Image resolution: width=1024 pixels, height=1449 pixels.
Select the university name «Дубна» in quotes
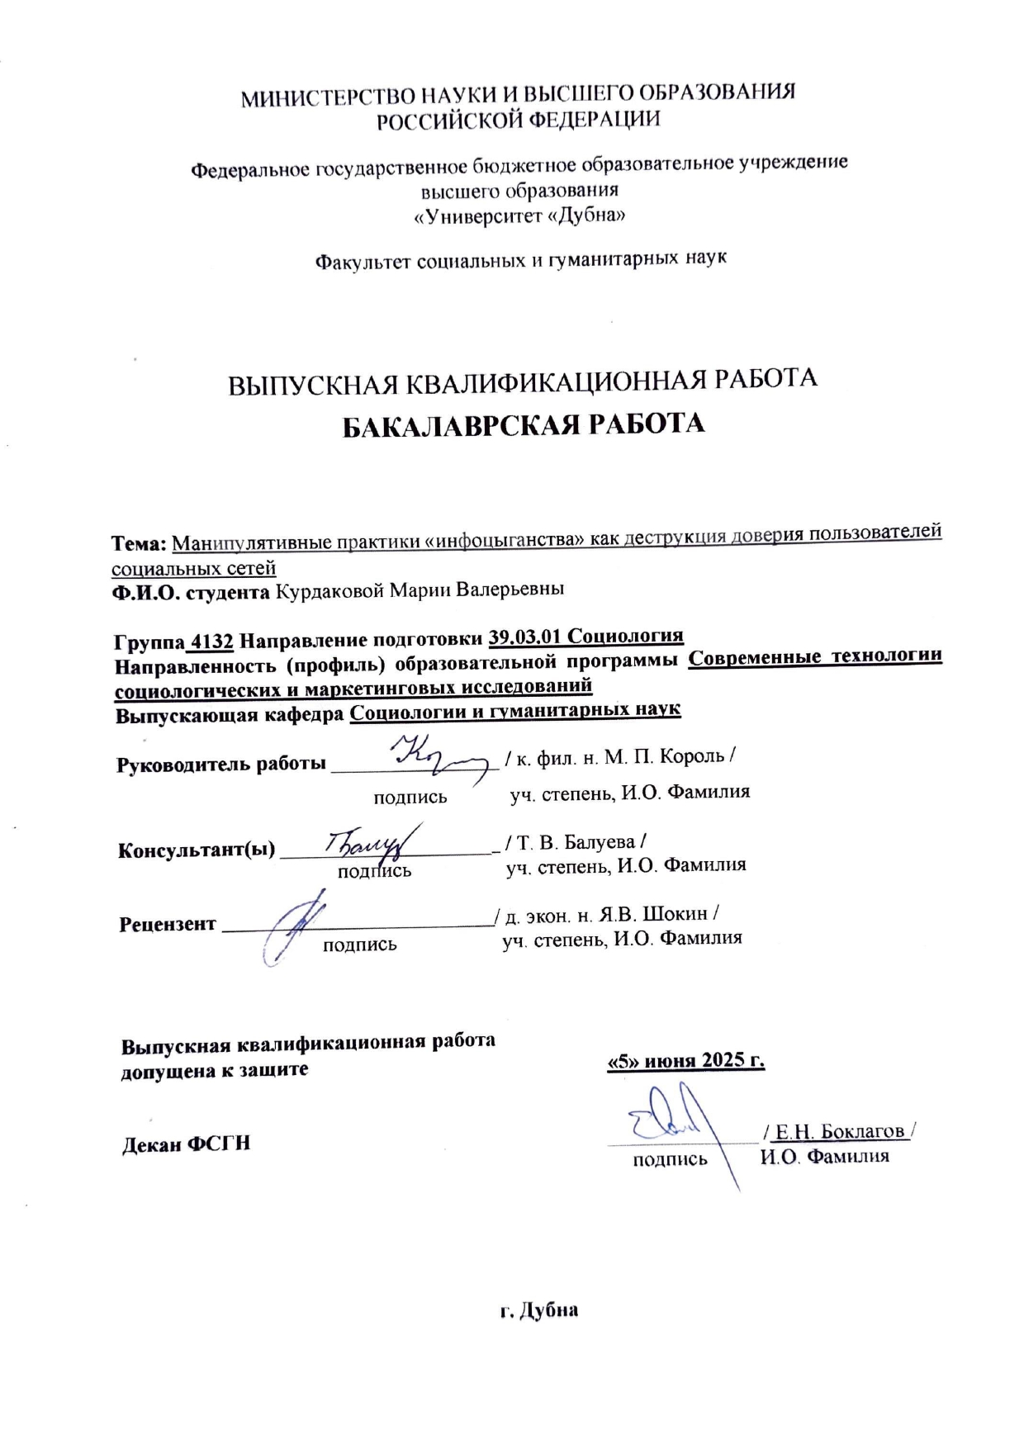[x=588, y=216]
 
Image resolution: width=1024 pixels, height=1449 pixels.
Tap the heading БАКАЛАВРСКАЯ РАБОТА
[x=524, y=424]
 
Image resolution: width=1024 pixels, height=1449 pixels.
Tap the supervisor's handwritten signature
[x=438, y=755]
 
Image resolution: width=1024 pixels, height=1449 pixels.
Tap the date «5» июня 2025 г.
[x=685, y=1061]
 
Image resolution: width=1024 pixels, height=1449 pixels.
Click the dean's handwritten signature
[x=673, y=1127]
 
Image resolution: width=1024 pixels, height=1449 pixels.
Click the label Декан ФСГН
[x=186, y=1144]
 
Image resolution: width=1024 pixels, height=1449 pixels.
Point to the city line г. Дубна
[x=538, y=1310]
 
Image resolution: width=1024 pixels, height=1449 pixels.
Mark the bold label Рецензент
[x=167, y=925]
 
